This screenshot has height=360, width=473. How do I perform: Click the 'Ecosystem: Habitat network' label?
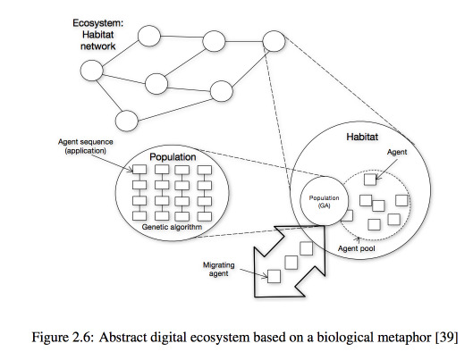98,35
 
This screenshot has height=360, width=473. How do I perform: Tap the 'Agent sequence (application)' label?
86,147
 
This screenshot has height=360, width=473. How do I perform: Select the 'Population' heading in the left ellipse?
173,157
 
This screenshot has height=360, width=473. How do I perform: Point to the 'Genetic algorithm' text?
172,227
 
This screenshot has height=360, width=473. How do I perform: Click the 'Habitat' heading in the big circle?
362,137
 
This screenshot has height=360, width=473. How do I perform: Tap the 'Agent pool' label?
357,248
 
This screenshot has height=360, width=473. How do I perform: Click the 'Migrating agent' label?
219,269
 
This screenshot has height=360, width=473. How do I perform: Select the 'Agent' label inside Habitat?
397,152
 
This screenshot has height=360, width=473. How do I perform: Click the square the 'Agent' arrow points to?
370,180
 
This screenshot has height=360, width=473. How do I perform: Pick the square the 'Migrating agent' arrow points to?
274,276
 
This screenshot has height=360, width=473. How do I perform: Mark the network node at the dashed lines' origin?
274,41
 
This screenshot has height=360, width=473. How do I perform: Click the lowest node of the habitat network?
127,121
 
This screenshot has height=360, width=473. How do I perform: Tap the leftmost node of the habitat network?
92,71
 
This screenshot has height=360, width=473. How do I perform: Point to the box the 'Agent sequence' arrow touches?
139,170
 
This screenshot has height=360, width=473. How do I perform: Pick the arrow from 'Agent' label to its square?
387,170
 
